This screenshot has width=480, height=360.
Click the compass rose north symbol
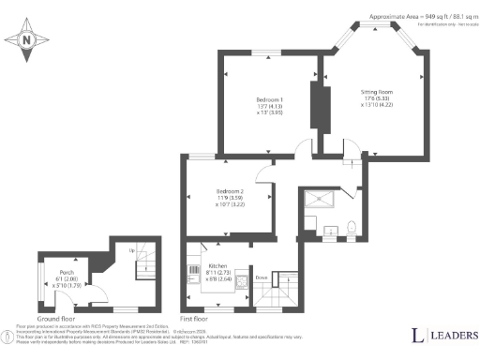coord(26,39)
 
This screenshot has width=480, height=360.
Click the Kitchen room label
coord(217,266)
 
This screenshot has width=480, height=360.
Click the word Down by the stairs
coord(262,277)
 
